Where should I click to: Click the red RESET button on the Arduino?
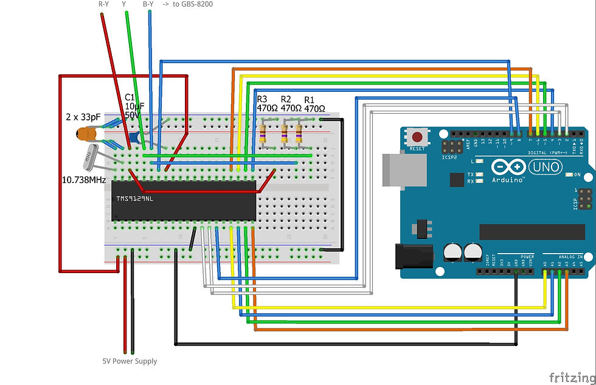[x=417, y=136]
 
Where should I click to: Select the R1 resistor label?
[x=310, y=99]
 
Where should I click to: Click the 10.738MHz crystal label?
[x=84, y=180]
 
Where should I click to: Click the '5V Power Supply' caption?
[x=130, y=361]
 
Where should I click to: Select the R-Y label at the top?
[x=104, y=4]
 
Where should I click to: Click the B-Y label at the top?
[x=148, y=4]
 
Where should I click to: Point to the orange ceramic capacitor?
[x=86, y=134]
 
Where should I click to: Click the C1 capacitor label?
[x=130, y=97]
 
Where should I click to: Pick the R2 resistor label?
[x=286, y=99]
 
